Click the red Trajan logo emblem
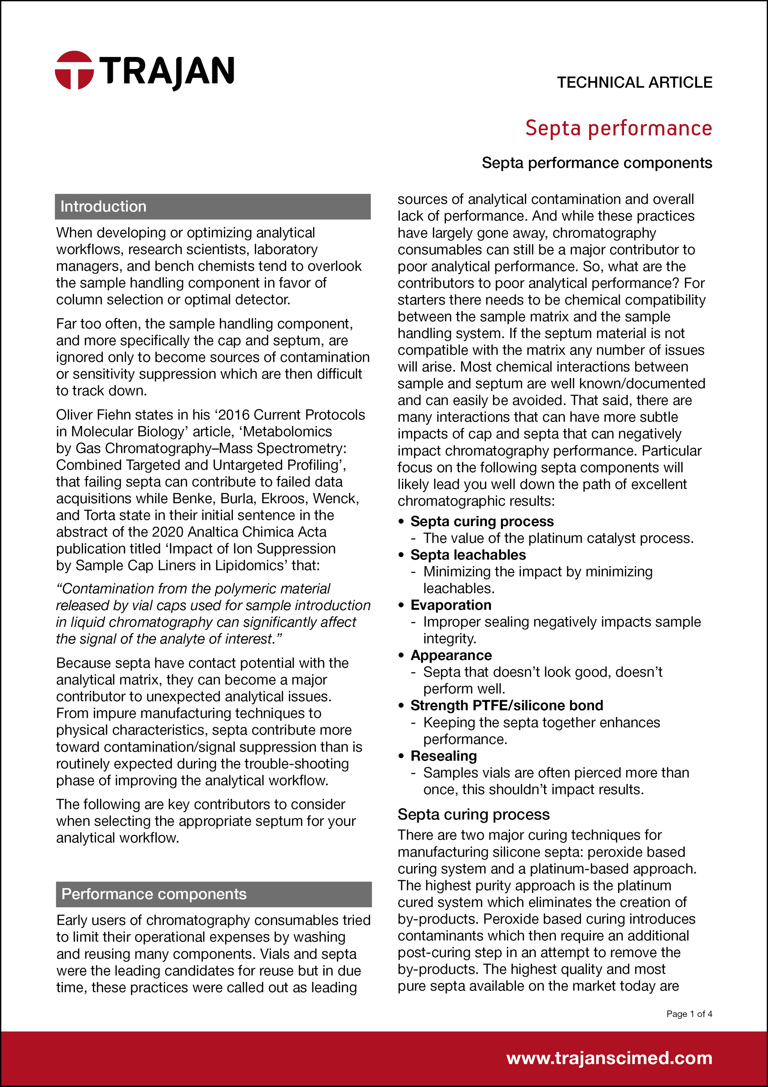pos(74,70)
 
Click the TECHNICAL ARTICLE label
pos(634,83)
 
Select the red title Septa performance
pos(618,128)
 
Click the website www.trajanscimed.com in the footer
pos(609,1058)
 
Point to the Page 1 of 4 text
pos(688,1013)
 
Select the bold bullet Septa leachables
pos(468,555)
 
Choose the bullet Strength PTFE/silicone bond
pos(506,705)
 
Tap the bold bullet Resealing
pos(443,756)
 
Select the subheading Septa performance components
pos(596,163)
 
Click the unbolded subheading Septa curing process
pos(473,814)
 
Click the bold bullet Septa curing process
pos(482,521)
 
